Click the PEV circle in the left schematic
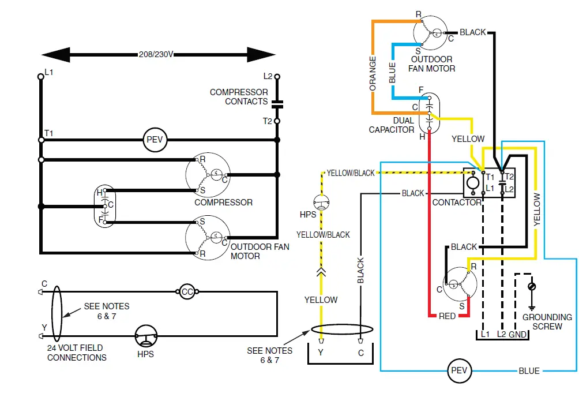(155, 140)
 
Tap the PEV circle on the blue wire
(460, 370)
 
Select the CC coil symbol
(187, 291)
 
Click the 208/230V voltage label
(156, 54)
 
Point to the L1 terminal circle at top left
(41, 77)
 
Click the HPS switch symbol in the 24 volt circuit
(146, 336)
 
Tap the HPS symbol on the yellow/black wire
(321, 202)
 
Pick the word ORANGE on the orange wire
(373, 73)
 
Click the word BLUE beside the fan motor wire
(392, 73)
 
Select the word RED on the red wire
(447, 316)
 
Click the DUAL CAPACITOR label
(392, 125)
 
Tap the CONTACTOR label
(457, 203)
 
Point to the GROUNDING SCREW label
(547, 321)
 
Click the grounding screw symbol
(532, 286)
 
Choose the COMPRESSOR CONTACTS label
(239, 96)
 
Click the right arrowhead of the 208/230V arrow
(261, 55)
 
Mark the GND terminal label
(518, 335)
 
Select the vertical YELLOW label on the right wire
(537, 209)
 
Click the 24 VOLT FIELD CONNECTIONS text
(77, 353)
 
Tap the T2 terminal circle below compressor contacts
(277, 121)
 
